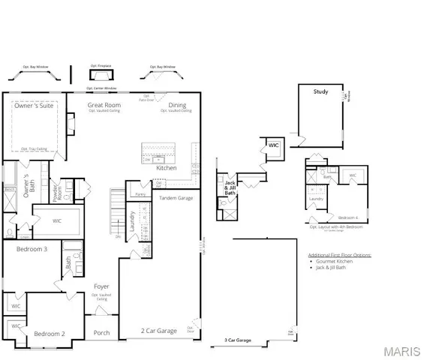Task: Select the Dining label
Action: click(177, 105)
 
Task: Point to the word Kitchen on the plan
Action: click(166, 168)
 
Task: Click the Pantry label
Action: click(140, 193)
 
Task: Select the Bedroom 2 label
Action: click(50, 333)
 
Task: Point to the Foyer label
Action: click(101, 286)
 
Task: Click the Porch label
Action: click(102, 333)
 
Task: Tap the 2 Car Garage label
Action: click(159, 330)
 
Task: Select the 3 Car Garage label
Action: click(237, 340)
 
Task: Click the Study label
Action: click(320, 91)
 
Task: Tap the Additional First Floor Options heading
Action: click(339, 255)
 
